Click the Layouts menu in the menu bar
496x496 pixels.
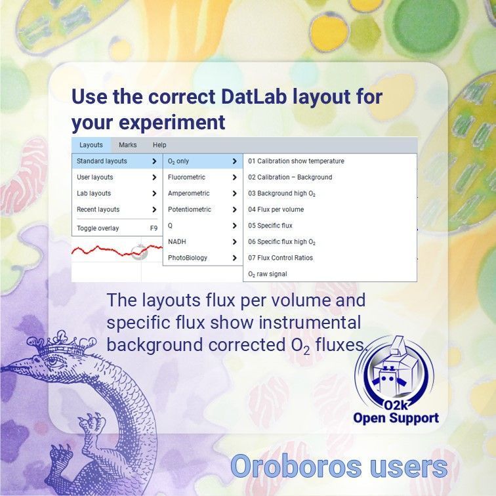tap(91, 145)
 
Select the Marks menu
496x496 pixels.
tap(128, 145)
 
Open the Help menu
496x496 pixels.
tap(159, 145)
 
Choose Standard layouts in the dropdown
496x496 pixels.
tap(102, 161)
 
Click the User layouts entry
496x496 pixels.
tap(95, 177)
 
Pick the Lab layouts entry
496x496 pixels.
tap(94, 194)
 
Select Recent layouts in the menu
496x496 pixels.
tap(98, 209)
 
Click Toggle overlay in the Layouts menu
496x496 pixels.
tap(98, 228)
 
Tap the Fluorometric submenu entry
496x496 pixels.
tap(187, 177)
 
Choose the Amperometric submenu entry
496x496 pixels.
tap(189, 194)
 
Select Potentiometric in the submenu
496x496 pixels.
tap(190, 209)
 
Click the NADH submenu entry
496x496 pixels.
tap(177, 241)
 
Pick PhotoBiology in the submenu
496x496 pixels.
tap(188, 258)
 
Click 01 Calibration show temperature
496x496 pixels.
tap(296, 161)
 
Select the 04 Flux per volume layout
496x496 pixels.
tap(276, 209)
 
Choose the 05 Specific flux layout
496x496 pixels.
tap(270, 226)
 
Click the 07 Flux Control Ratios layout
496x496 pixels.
tap(281, 258)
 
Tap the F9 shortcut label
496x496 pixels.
tap(154, 228)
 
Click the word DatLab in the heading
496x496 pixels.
tap(253, 96)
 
